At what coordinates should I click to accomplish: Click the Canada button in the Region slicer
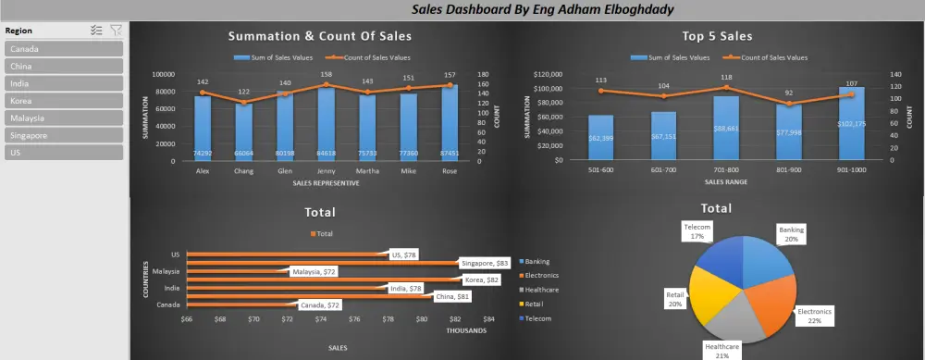[x=64, y=49]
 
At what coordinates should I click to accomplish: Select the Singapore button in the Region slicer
[x=64, y=135]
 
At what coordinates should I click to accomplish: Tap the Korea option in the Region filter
[x=64, y=101]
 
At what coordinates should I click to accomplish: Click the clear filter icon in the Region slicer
[x=116, y=31]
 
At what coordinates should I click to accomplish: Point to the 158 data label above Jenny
[x=327, y=75]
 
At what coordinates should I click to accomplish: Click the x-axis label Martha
[x=367, y=169]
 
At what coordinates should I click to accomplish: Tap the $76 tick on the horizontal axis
[x=354, y=321]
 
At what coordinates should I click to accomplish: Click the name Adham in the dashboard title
[x=542, y=9]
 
